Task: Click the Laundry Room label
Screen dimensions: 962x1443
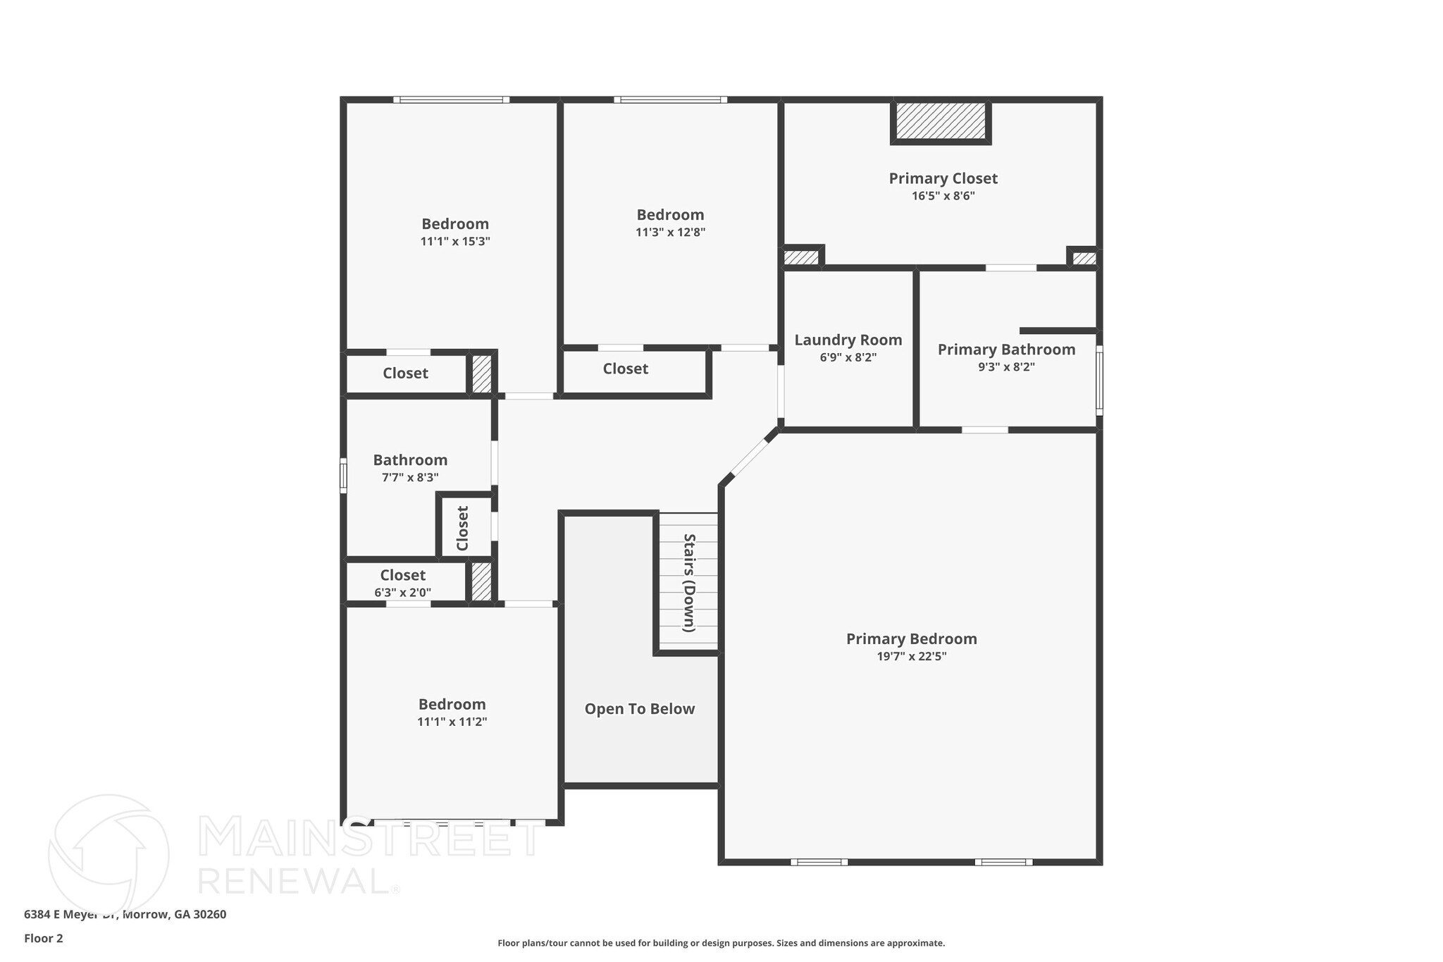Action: click(848, 340)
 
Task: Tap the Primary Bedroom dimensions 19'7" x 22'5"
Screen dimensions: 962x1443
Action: click(911, 656)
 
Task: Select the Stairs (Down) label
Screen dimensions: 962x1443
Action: click(689, 583)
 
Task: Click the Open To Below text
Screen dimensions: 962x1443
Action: click(639, 709)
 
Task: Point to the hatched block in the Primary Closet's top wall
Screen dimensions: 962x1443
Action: click(941, 121)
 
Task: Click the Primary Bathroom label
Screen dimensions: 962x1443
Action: click(1005, 350)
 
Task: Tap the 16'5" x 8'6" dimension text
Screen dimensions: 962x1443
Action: click(943, 196)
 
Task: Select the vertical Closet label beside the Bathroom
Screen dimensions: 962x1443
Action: click(463, 528)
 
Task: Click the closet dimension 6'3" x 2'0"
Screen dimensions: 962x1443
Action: click(402, 593)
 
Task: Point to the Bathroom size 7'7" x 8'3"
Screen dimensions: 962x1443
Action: click(410, 477)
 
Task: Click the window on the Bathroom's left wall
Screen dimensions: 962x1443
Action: click(343, 475)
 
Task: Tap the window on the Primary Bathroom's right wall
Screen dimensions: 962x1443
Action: click(1098, 381)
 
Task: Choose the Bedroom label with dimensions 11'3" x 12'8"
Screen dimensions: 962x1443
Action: click(670, 214)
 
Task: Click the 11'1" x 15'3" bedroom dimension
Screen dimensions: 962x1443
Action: click(455, 241)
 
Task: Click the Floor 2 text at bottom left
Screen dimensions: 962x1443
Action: click(44, 938)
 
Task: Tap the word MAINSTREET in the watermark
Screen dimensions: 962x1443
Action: click(370, 837)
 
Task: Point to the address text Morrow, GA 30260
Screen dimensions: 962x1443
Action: click(175, 914)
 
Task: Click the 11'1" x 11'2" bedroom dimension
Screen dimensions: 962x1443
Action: click(452, 722)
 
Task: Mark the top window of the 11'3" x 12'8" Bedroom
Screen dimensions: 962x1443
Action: click(670, 100)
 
